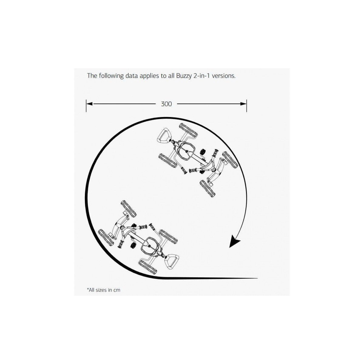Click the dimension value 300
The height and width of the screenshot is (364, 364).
tap(166, 104)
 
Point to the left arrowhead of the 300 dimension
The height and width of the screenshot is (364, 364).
tap(89, 104)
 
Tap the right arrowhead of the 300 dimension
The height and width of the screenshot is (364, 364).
tap(243, 104)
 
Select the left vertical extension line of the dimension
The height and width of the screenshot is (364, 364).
tap(86, 106)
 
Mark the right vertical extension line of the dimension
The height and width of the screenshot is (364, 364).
tap(247, 106)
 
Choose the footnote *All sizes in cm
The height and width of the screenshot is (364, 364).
tap(103, 290)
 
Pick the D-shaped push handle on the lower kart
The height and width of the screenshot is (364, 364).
tap(172, 261)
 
